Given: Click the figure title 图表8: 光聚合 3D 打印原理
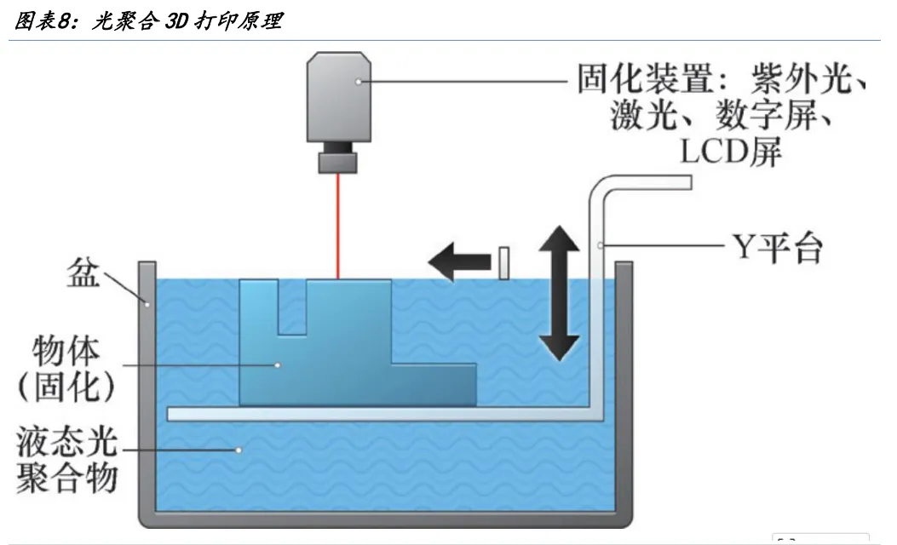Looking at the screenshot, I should point(149,21).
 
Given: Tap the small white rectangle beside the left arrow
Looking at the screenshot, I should point(503,263).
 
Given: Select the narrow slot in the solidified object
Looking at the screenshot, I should point(292,307).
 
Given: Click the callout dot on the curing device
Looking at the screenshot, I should point(359,82).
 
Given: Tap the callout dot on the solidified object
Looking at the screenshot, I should point(277,364).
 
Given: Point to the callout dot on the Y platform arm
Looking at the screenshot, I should point(601,247).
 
